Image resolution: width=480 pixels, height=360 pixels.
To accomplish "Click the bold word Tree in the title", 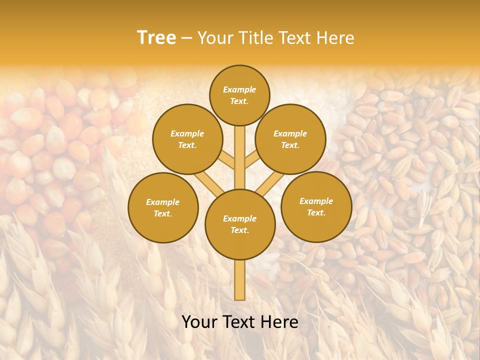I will tap(156, 38).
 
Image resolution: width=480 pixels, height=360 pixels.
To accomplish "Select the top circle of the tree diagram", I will tap(239, 95).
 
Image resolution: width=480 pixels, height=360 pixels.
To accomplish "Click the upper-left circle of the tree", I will tap(187, 139).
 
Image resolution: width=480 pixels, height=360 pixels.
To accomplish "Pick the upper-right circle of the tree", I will tap(290, 139).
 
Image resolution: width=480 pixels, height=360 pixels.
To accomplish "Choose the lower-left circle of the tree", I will tap(163, 207).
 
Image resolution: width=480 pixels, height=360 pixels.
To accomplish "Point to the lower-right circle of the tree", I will tap(316, 206).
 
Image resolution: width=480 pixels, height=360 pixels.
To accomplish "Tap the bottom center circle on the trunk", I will tap(240, 224).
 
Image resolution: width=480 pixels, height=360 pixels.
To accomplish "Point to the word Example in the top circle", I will tap(239, 89).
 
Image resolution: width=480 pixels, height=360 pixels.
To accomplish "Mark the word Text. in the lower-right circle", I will tap(316, 212).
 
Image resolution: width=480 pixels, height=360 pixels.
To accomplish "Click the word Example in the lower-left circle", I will tap(163, 202).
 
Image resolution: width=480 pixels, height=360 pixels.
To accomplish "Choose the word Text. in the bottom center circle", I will tap(239, 230).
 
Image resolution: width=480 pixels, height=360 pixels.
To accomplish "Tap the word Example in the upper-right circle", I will tap(290, 133).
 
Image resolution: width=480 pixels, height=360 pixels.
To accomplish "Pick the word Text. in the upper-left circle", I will tap(187, 145).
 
